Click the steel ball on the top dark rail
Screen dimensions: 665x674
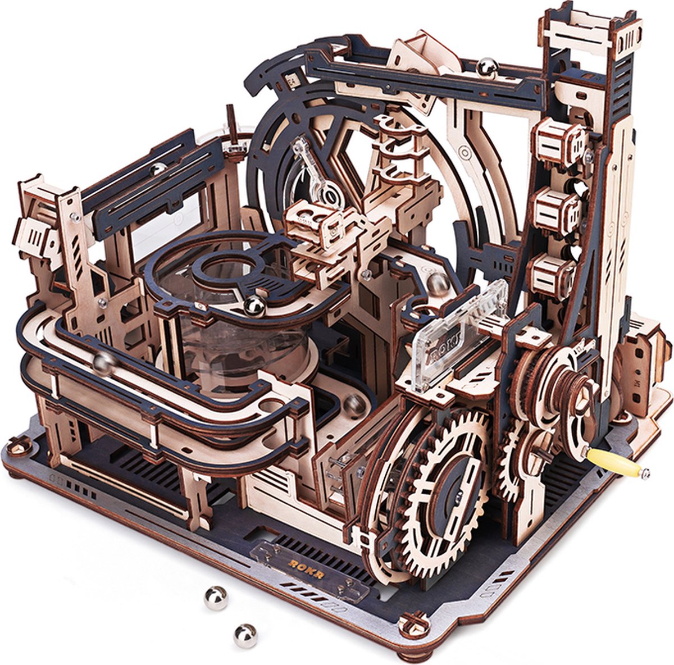click(x=486, y=67)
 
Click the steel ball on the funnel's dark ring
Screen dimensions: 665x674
click(x=254, y=306)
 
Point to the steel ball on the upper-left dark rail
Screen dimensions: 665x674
click(x=159, y=168)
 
